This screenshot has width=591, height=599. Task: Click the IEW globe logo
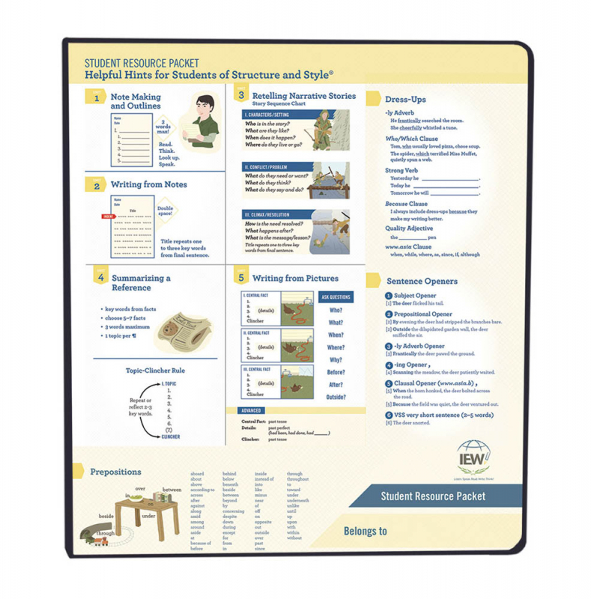click(473, 454)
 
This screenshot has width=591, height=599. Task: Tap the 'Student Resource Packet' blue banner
click(434, 496)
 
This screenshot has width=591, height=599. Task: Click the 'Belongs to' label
click(366, 531)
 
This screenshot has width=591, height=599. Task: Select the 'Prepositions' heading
click(115, 472)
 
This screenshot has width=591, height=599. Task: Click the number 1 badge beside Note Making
click(96, 98)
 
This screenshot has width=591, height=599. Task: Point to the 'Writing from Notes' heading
click(149, 184)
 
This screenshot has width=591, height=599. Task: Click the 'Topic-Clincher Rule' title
click(155, 370)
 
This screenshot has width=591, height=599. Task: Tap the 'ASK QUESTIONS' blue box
click(336, 297)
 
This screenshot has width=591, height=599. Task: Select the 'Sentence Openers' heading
click(422, 281)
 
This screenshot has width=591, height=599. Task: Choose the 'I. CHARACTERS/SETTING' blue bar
click(276, 115)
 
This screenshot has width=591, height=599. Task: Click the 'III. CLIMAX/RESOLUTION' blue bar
click(276, 214)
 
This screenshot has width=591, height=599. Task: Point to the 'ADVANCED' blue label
click(251, 410)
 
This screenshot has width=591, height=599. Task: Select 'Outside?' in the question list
click(336, 397)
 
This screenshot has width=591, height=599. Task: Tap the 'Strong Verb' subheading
click(401, 171)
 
